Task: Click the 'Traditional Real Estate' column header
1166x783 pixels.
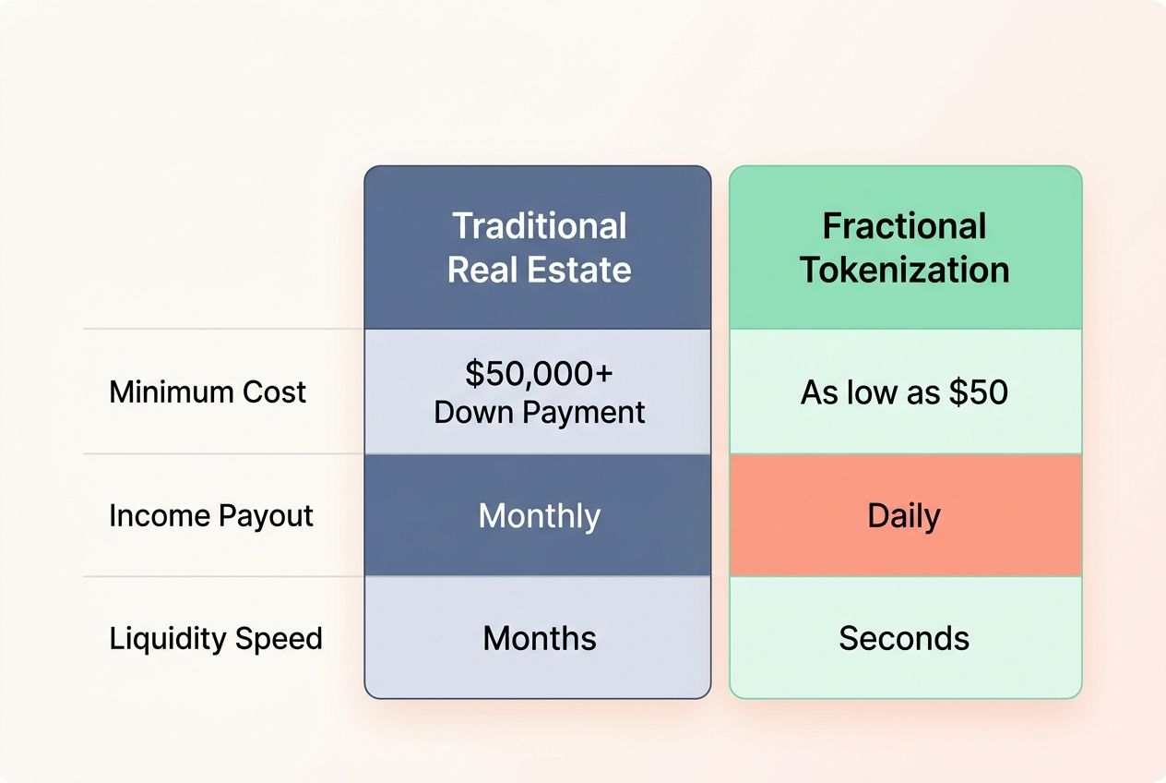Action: [x=539, y=247]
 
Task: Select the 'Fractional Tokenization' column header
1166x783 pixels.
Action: [x=904, y=247]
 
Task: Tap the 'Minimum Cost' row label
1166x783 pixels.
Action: [x=208, y=391]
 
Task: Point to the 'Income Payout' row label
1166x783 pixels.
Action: [x=211, y=515]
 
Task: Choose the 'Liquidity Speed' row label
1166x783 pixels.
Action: [x=216, y=638]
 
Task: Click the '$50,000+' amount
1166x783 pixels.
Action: [x=539, y=374]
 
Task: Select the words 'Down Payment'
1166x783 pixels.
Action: [x=539, y=412]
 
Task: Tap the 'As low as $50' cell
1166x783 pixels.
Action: [x=904, y=392]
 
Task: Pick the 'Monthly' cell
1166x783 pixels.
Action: [x=539, y=515]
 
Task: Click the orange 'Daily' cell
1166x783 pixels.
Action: [x=904, y=515]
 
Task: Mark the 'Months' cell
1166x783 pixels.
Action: [x=539, y=638]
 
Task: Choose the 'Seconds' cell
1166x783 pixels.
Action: [x=904, y=638]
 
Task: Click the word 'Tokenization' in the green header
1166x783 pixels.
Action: [x=904, y=270]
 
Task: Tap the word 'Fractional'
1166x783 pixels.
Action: [x=904, y=226]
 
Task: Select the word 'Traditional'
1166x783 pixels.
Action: [x=539, y=226]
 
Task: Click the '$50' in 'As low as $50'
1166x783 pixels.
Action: [x=981, y=392]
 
